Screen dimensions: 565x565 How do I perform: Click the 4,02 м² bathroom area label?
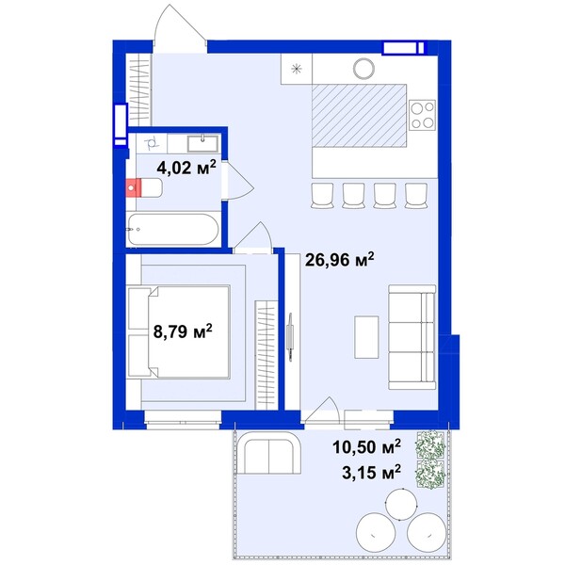186,168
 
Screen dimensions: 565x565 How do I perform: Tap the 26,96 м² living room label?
340,259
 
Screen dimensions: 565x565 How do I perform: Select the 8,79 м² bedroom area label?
183,331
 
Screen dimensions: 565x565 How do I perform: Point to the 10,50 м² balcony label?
366,446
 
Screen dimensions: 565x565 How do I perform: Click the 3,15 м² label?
371,472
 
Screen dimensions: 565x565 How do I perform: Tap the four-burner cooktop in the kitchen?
423,115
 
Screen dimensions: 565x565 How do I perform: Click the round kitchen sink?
363,69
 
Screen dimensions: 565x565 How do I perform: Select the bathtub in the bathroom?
173,230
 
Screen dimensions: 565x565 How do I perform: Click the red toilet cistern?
133,187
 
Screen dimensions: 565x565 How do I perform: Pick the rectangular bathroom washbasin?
202,143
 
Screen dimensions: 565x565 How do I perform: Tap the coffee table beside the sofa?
366,337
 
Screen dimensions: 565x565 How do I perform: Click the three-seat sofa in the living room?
412,337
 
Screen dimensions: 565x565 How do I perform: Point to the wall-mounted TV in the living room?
290,336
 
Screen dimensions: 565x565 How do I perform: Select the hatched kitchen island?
360,116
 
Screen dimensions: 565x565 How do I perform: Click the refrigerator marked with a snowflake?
297,69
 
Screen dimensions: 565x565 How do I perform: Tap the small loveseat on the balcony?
268,453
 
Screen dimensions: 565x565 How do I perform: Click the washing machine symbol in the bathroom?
152,143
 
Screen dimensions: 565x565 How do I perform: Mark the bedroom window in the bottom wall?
183,420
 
